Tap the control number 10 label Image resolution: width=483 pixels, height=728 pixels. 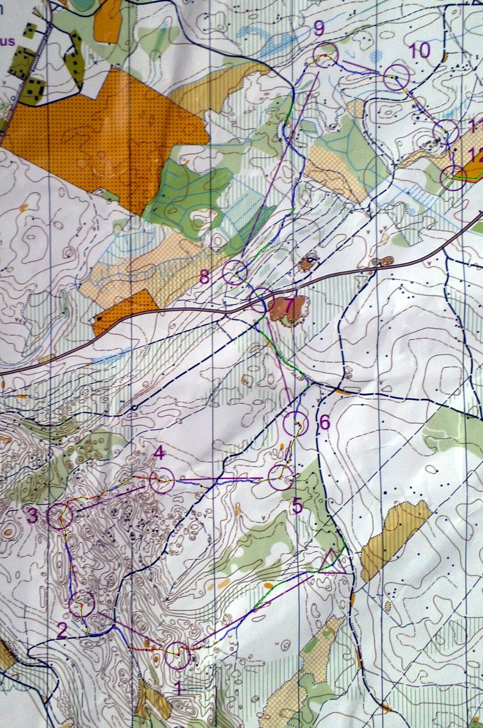click(x=419, y=50)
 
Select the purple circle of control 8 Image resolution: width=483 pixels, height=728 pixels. click(x=235, y=273)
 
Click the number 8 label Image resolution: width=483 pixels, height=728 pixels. click(x=204, y=277)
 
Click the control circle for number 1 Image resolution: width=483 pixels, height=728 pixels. click(x=177, y=656)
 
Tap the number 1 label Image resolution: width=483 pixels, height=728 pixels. click(x=178, y=688)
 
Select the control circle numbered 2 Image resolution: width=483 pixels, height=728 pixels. click(x=82, y=604)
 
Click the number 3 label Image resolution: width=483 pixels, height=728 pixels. click(x=33, y=517)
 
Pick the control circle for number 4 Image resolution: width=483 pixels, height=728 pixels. click(x=162, y=480)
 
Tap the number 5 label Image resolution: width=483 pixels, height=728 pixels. click(x=297, y=507)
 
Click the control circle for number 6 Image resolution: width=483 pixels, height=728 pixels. click(x=296, y=424)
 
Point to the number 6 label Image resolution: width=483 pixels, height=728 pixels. click(x=325, y=422)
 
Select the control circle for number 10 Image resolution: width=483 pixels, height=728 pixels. click(x=397, y=77)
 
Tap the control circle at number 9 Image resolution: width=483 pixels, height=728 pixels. click(x=326, y=55)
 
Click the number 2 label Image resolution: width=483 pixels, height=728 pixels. click(x=62, y=631)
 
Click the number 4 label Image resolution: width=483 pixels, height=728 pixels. click(x=159, y=454)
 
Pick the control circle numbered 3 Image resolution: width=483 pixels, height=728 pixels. click(x=60, y=516)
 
